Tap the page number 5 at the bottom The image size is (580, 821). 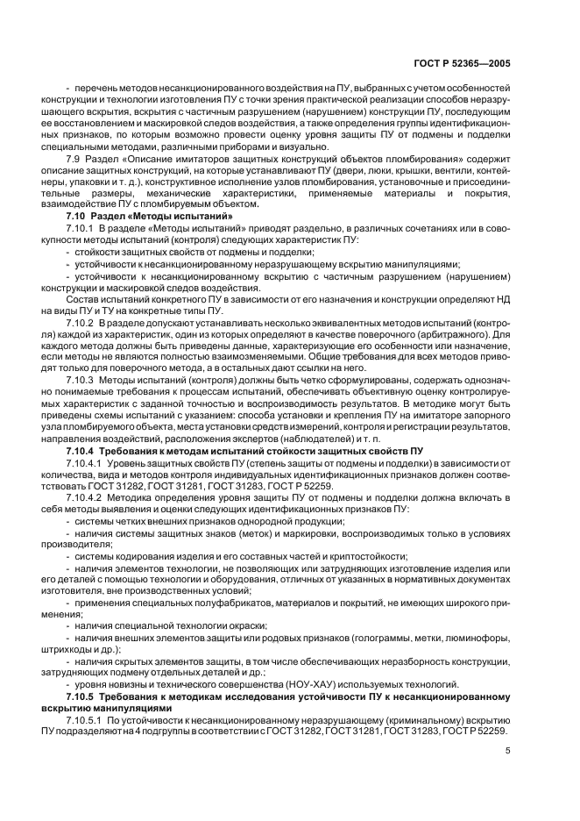click(507, 750)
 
